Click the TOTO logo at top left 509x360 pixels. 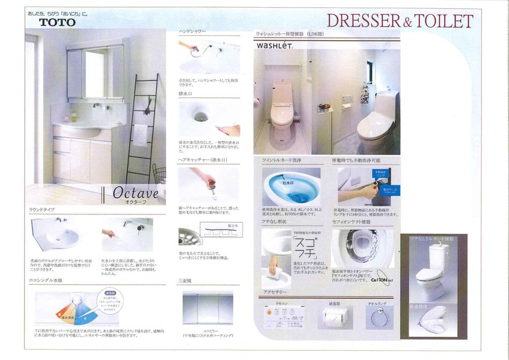pyautogui.click(x=57, y=22)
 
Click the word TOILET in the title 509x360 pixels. pyautogui.click(x=443, y=21)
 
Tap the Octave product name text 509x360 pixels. pyautogui.click(x=135, y=192)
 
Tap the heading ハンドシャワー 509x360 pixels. pyautogui.click(x=192, y=32)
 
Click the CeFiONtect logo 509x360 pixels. pyautogui.click(x=380, y=280)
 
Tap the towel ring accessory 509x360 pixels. pyautogui.click(x=378, y=319)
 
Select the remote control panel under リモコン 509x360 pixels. pyautogui.click(x=282, y=320)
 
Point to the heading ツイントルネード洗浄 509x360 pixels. pyautogui.click(x=282, y=160)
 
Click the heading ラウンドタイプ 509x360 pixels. pyautogui.click(x=42, y=210)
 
